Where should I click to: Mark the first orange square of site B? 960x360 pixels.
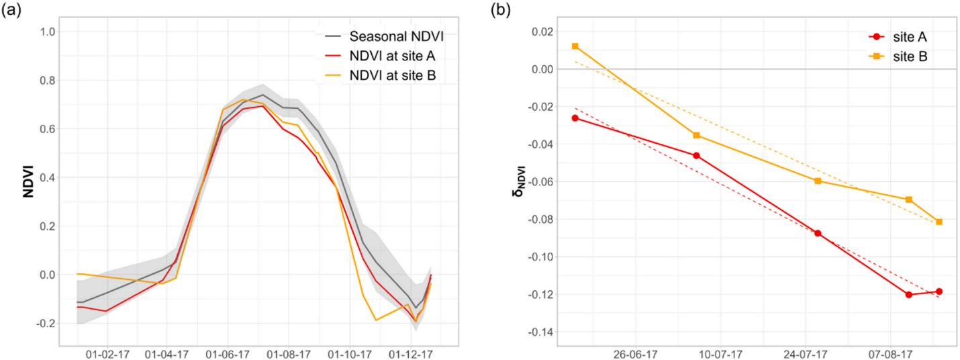pos(575,46)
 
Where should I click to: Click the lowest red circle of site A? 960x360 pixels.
pos(909,294)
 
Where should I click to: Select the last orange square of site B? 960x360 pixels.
pos(939,222)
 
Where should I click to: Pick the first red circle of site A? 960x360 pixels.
pos(575,118)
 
